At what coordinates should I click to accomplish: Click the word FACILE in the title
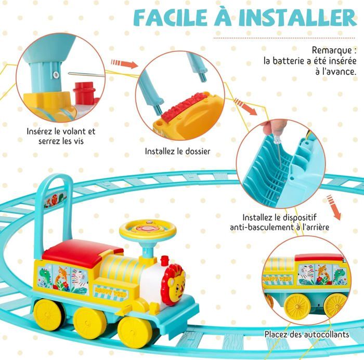[x=171, y=17]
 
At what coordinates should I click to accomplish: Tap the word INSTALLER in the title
[x=297, y=17]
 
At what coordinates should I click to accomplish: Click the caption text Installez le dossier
[x=178, y=151]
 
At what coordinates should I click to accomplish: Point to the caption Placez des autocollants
[x=307, y=334]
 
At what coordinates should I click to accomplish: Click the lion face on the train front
[x=173, y=285]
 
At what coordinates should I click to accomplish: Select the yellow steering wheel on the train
[x=148, y=230]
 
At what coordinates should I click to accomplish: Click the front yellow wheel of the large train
[x=135, y=332]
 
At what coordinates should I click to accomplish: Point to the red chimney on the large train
[x=165, y=260]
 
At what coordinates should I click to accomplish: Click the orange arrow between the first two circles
[x=124, y=63]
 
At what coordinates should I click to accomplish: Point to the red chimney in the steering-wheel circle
[x=84, y=93]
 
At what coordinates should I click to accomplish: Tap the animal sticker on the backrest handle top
[x=55, y=199]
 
